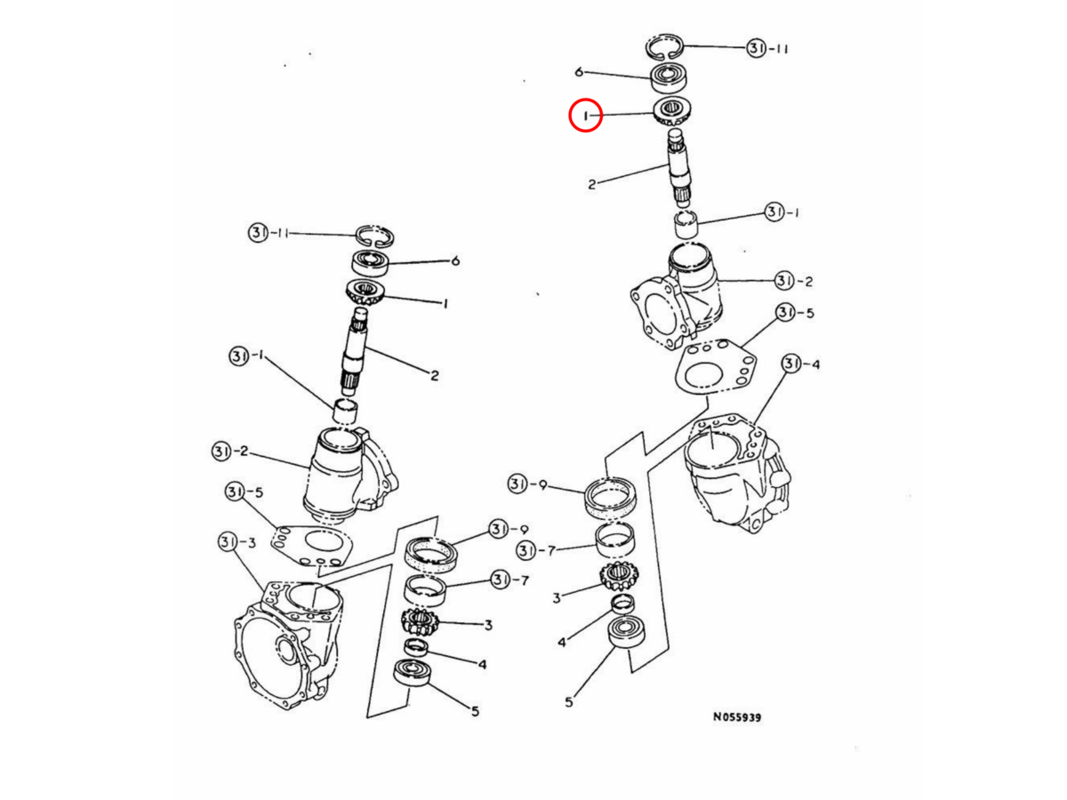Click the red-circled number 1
click(x=586, y=116)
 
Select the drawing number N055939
click(x=737, y=717)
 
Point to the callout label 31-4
click(x=800, y=364)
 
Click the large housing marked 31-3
click(x=287, y=646)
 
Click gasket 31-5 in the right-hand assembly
click(x=715, y=367)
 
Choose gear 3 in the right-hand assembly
click(x=619, y=576)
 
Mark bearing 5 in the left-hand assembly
click(x=413, y=672)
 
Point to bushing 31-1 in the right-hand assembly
click(x=686, y=224)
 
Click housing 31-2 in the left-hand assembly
click(x=350, y=475)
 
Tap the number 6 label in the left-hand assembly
click(x=455, y=261)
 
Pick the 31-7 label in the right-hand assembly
click(x=535, y=550)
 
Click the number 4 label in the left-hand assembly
click(x=482, y=664)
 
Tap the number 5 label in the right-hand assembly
click(x=569, y=702)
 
